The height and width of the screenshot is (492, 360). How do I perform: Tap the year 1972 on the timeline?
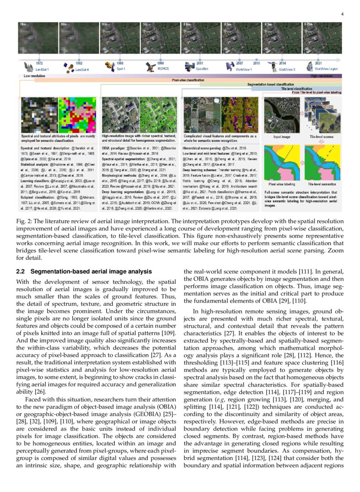point(40,63)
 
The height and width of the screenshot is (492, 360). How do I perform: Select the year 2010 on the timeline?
point(257,63)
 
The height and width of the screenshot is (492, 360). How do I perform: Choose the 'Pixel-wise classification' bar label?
point(188,80)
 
